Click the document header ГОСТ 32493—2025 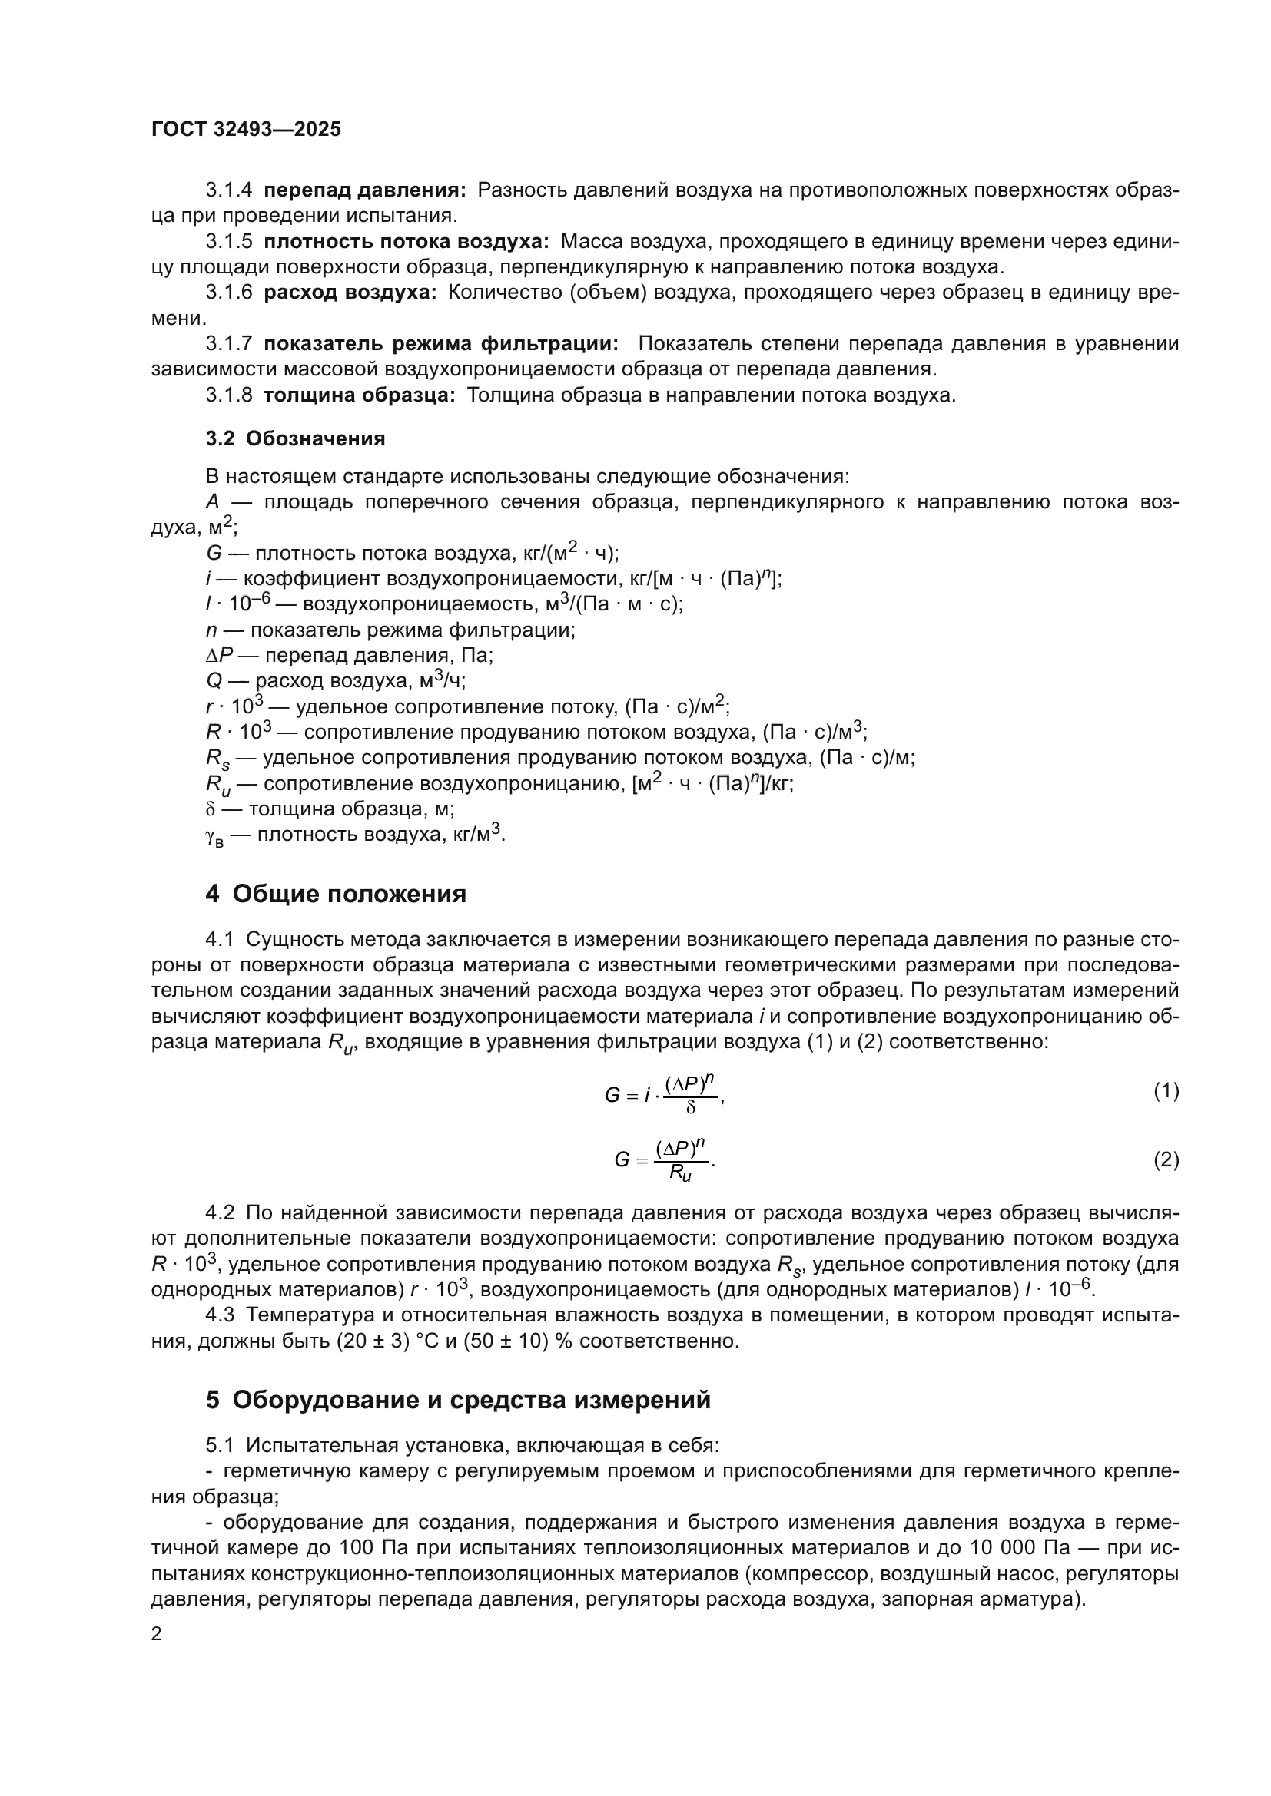coord(247,130)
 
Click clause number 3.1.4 coord(228,190)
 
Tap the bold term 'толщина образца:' coord(359,395)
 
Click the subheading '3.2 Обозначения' coord(295,439)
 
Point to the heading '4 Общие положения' coord(336,894)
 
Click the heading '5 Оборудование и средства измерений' coord(458,1400)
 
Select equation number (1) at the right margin coord(1166,1091)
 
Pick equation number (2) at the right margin coord(1166,1160)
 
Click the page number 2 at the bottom coord(157,1633)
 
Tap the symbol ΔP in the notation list coord(220,656)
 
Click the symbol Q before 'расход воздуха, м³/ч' coord(214,680)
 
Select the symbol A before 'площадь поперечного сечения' coord(212,502)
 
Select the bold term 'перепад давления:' coord(365,190)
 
